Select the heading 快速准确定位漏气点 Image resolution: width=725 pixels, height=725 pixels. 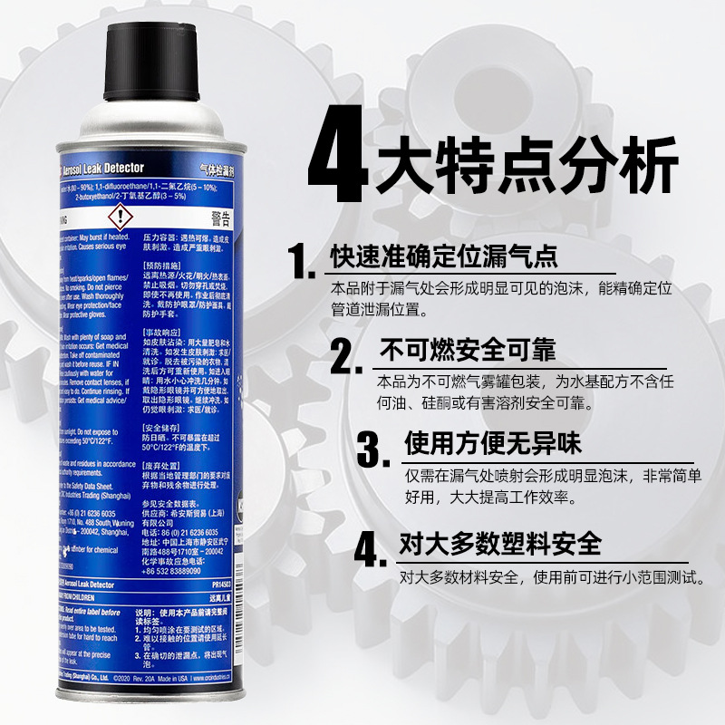tap(443, 256)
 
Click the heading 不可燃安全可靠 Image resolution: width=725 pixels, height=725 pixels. tap(468, 350)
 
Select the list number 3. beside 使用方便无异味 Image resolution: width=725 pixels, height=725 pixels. tap(378, 451)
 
